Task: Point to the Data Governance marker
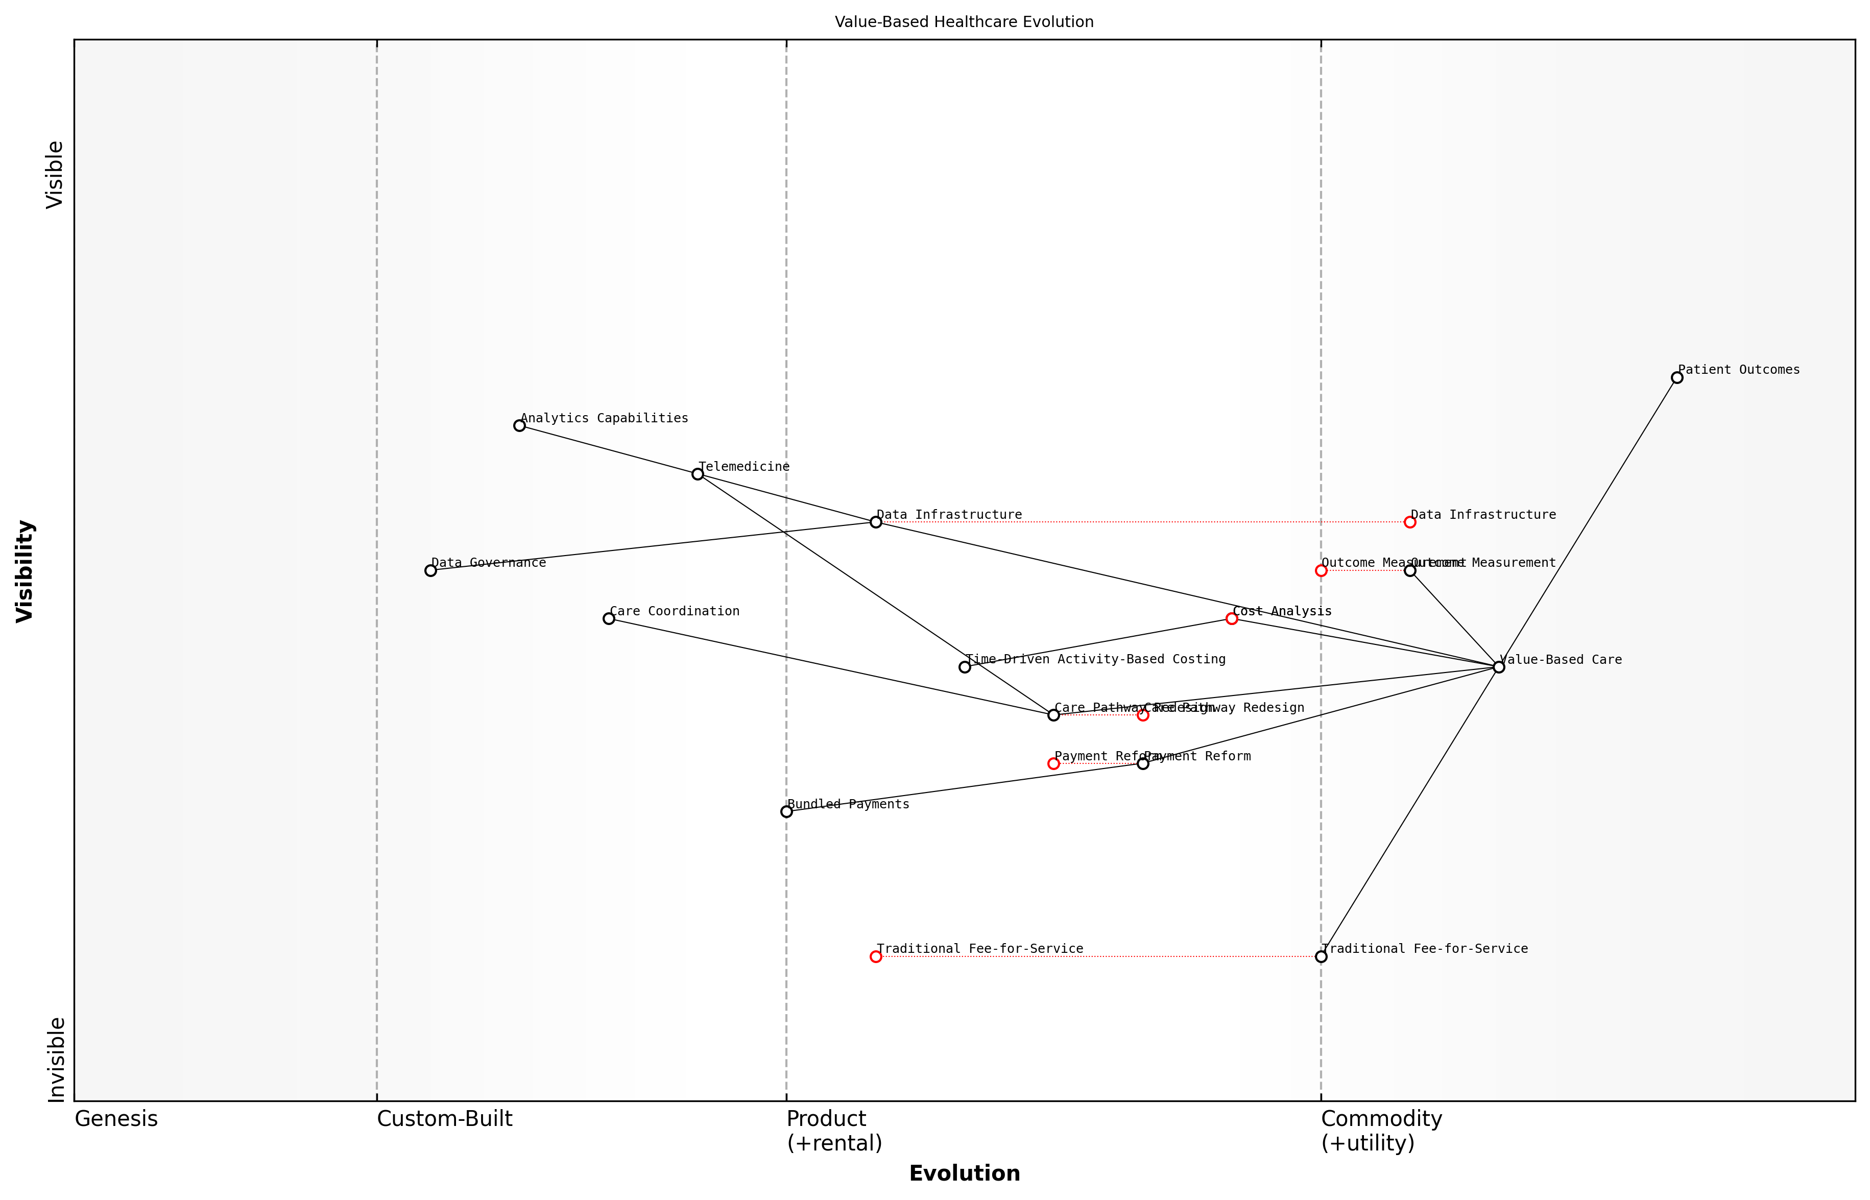430,570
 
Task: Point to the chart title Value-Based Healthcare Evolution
964,22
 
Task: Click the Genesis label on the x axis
116,1120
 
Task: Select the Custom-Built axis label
444,1120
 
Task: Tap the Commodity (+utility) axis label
1381,1132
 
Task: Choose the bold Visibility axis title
25,570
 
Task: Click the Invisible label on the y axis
56,1060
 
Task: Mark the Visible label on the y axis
55,175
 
